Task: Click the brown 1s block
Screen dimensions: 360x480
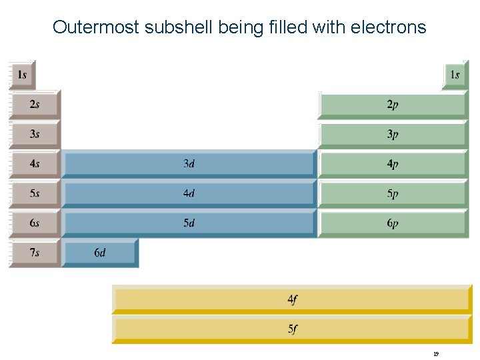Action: coord(22,75)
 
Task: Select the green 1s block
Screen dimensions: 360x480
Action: coord(455,75)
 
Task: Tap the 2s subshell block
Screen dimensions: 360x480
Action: coord(35,104)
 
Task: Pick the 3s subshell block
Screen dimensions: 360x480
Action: coord(35,134)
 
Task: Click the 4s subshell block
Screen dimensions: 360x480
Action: coord(35,163)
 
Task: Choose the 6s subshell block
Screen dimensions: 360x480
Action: coord(35,223)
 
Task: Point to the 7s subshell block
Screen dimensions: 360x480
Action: coord(35,253)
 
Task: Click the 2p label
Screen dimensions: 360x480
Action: coord(393,105)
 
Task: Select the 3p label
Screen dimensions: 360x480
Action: coord(393,134)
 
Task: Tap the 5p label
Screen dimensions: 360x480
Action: coord(393,193)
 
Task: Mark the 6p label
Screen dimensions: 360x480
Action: coord(393,223)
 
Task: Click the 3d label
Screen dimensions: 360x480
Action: coord(189,163)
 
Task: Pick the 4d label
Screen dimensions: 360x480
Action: coord(189,193)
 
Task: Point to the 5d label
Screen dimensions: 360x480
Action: coord(189,223)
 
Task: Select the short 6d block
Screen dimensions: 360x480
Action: coord(100,253)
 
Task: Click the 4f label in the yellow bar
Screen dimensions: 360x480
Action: coord(293,299)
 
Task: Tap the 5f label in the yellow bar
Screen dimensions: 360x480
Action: coord(293,329)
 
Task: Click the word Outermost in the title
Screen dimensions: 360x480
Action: coord(94,27)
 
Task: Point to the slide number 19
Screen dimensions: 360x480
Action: coord(435,353)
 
